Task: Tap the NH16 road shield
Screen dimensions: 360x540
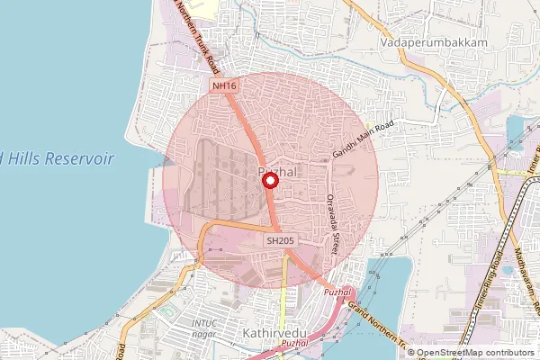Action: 224,85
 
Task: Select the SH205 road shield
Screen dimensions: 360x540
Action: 280,240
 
